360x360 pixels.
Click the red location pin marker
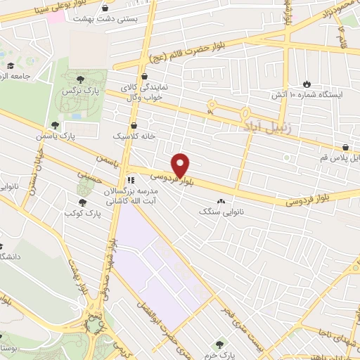181,165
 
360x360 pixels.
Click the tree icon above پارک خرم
219,344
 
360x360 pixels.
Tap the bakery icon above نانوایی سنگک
226,200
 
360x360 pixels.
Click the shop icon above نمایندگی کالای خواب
144,77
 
